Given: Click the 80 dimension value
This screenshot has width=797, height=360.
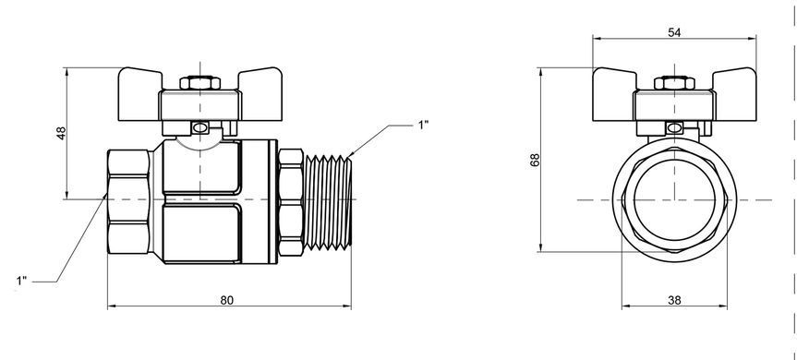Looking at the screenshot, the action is click(x=226, y=300).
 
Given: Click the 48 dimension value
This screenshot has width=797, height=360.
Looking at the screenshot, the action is click(x=61, y=134).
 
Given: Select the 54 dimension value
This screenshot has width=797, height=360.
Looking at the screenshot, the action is click(x=674, y=32).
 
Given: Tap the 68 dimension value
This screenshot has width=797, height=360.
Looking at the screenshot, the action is click(x=535, y=160).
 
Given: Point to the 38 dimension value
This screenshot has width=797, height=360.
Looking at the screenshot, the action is click(x=674, y=300).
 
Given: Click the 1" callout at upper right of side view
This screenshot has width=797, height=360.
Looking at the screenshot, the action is click(x=423, y=125).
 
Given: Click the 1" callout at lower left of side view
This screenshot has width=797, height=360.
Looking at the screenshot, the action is click(x=21, y=281).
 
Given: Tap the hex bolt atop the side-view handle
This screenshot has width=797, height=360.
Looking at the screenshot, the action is click(x=200, y=83).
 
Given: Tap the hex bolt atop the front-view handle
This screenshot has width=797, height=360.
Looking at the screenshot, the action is click(x=674, y=83).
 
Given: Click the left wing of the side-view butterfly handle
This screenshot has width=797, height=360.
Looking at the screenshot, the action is click(x=139, y=94).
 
